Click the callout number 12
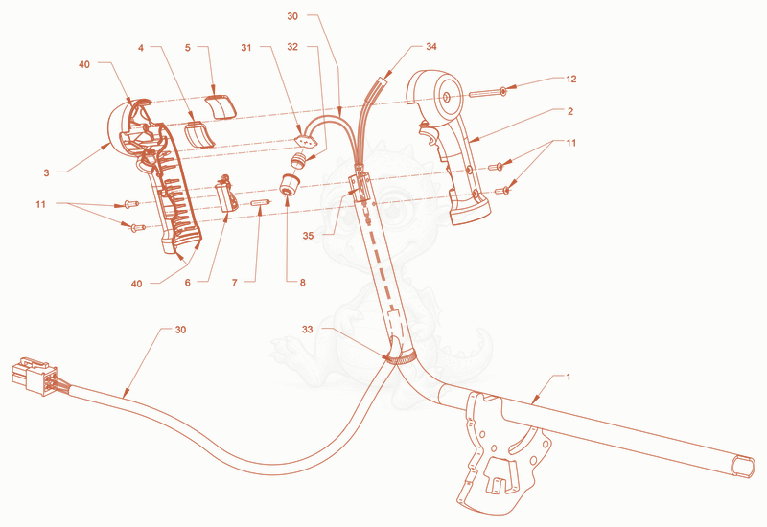[570, 80]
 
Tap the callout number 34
[430, 46]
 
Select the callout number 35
[308, 236]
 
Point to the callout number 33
[307, 330]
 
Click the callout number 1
[568, 377]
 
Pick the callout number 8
[302, 283]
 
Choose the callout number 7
[235, 283]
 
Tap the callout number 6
[187, 283]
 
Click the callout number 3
[46, 172]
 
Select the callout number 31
[246, 47]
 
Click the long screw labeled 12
[488, 92]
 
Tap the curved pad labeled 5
[221, 107]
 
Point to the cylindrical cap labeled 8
[290, 185]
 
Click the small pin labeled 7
[260, 202]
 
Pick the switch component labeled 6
[226, 195]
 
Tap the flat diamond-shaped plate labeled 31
[306, 141]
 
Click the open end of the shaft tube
[742, 465]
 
